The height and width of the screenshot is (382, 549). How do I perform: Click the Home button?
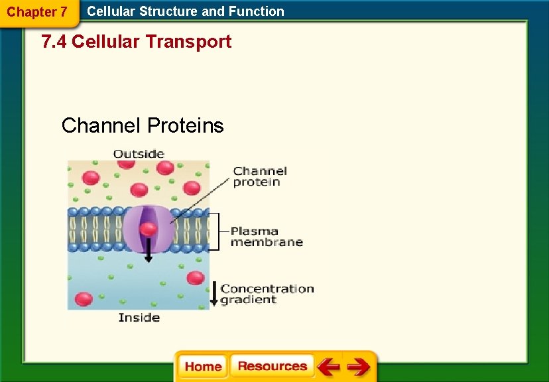(203, 367)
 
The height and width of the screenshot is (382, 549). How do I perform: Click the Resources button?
(272, 367)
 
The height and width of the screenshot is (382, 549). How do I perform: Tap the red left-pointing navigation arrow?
(328, 367)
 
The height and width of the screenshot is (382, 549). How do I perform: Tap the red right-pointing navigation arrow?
(359, 367)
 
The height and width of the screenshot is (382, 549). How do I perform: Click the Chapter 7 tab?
(37, 12)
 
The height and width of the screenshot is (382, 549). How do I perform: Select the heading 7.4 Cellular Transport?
(136, 42)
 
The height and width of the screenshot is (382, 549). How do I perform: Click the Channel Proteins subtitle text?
(143, 125)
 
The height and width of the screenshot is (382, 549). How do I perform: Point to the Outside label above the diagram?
(139, 154)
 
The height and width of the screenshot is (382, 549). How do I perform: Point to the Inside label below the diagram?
(139, 318)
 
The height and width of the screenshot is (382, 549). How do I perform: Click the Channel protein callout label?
(260, 176)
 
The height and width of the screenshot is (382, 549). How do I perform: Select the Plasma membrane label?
(266, 237)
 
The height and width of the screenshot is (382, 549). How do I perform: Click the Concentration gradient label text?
(267, 294)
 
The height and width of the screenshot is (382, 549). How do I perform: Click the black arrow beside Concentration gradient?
(213, 294)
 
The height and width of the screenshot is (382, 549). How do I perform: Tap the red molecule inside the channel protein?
(148, 229)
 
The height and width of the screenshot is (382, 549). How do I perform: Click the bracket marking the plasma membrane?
(216, 231)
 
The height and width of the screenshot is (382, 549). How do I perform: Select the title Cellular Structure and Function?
(186, 11)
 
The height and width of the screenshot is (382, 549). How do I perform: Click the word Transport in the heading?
(188, 42)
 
